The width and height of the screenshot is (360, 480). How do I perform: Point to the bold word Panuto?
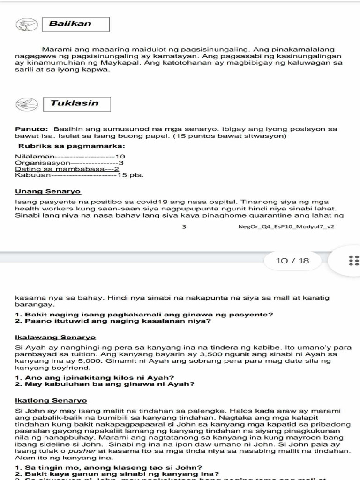click(32, 129)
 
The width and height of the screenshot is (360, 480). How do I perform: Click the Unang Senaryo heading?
click(48, 191)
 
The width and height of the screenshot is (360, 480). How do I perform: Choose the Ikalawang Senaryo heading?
click(55, 337)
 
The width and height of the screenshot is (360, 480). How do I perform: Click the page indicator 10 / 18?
click(293, 261)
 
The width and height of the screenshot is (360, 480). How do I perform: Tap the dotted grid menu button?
click(353, 261)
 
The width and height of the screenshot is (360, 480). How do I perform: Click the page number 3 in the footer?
click(184, 227)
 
